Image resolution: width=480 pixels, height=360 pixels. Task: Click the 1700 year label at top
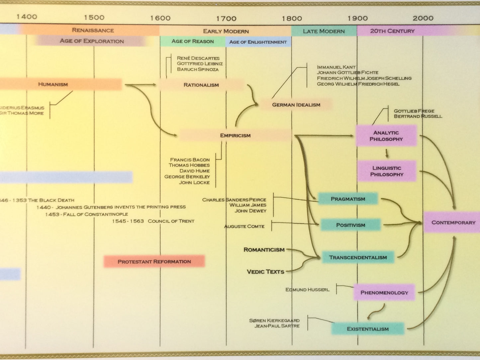(x=226, y=19)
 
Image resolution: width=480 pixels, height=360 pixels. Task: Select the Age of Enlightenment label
(x=258, y=42)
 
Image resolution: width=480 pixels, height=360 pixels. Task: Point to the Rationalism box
(x=201, y=85)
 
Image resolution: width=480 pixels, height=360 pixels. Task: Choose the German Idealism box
(x=296, y=105)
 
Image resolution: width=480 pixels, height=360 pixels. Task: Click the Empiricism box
(x=235, y=135)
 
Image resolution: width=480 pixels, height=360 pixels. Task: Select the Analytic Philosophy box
(x=386, y=136)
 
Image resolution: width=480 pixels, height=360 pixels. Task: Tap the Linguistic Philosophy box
(x=387, y=171)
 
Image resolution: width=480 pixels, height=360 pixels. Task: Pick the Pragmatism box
(x=348, y=199)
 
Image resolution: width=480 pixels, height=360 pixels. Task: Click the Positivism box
(x=350, y=225)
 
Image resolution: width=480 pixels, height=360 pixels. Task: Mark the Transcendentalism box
(x=358, y=257)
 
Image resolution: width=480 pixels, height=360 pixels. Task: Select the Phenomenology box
(x=384, y=293)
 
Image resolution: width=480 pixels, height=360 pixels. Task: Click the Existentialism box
(x=368, y=329)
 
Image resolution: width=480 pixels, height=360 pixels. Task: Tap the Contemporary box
(x=453, y=222)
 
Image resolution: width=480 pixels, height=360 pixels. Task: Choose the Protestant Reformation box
(x=154, y=261)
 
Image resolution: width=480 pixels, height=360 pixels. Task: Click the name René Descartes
(x=198, y=58)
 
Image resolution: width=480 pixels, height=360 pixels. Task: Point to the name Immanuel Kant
(x=336, y=67)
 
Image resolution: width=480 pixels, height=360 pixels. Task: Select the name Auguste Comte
(x=244, y=226)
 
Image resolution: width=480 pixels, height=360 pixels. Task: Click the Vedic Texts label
(x=265, y=272)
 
